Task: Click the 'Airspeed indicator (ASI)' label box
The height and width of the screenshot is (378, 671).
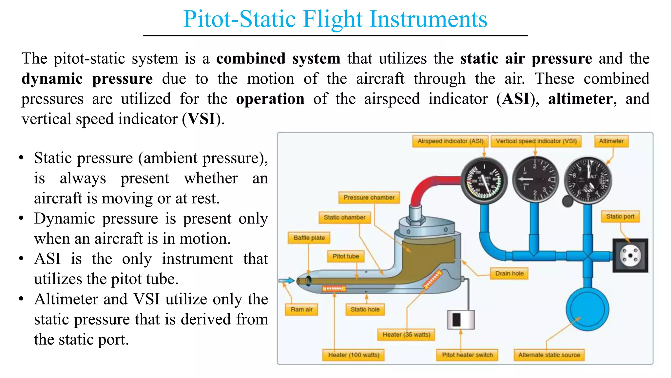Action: (450, 141)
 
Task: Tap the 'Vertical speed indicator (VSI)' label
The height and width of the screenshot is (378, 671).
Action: (536, 141)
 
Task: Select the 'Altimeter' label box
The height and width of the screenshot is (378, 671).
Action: (611, 141)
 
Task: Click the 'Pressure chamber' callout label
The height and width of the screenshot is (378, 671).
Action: (369, 198)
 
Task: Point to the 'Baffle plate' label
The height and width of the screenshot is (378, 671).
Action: (309, 238)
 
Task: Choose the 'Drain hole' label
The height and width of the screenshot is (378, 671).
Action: (509, 273)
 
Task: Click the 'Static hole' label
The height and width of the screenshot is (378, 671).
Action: (365, 309)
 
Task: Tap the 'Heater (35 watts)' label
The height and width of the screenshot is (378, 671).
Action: (406, 334)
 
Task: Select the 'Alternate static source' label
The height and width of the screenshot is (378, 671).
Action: (549, 355)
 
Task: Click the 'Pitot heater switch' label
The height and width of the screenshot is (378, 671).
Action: (467, 355)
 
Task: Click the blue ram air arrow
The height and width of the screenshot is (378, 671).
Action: (286, 281)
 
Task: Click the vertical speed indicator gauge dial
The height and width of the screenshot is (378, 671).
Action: (535, 179)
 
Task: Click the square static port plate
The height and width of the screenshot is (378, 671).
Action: (630, 256)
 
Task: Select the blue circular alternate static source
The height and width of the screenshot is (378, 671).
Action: (587, 309)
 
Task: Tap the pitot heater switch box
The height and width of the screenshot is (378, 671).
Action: (461, 319)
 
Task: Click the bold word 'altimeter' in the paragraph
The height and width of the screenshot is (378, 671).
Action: (580, 99)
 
